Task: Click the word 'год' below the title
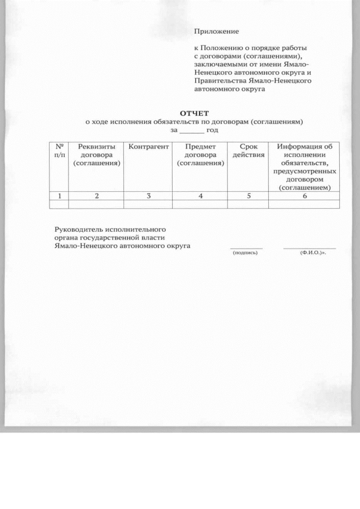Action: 212,130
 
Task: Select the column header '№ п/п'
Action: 59,150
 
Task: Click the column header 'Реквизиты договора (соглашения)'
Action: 97,155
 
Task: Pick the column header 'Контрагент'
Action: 148,147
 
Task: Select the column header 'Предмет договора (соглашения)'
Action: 200,155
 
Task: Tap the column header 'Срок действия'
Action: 248,150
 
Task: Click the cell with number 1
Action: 59,196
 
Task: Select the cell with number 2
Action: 97,196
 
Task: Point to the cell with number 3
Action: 148,196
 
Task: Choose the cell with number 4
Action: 200,196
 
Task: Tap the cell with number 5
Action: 248,196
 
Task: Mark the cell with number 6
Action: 304,196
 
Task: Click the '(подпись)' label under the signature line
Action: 245,253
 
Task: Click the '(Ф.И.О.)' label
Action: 313,253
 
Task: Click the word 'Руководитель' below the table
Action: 78,229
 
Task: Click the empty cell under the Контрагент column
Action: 148,204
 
